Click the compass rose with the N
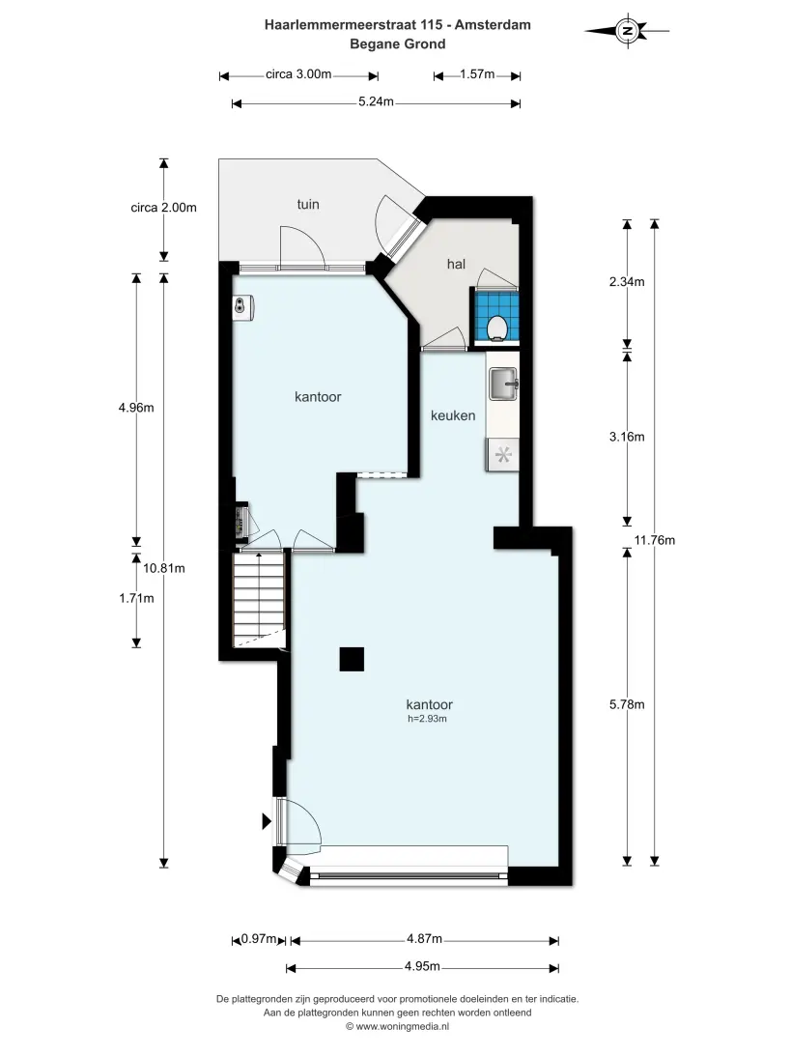[x=627, y=30]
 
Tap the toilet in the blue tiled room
[x=497, y=327]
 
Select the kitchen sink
[x=502, y=384]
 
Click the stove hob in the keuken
[x=502, y=455]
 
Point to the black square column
[x=352, y=659]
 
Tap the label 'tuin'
[x=308, y=205]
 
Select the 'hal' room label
[x=456, y=264]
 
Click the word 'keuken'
[x=453, y=415]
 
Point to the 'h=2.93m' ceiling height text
[x=427, y=719]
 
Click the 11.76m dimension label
[x=655, y=540]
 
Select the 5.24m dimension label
[x=376, y=101]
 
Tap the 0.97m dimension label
[x=259, y=939]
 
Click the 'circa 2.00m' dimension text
[x=163, y=207]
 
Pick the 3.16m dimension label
[x=627, y=437]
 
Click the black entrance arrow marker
[x=267, y=821]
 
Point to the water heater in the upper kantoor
[x=242, y=307]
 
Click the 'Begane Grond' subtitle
[x=398, y=44]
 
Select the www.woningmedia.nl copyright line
[x=397, y=1027]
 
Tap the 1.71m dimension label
[x=136, y=597]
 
